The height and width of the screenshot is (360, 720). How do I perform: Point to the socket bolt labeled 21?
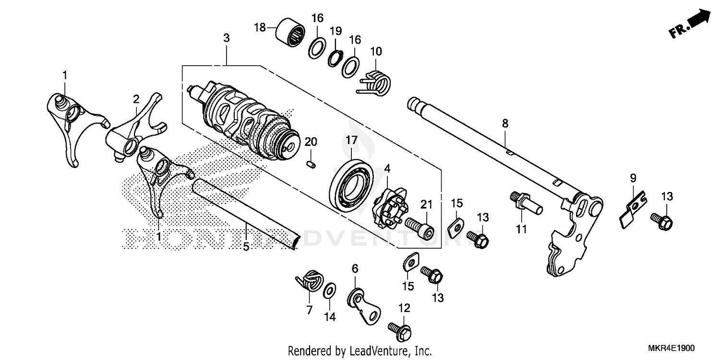pyautogui.click(x=420, y=227)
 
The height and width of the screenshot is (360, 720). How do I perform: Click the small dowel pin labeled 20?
pyautogui.click(x=310, y=164)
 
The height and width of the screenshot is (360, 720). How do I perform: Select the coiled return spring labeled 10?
pyautogui.click(x=378, y=82)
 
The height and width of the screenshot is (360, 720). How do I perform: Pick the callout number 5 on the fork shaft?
pyautogui.click(x=246, y=247)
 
